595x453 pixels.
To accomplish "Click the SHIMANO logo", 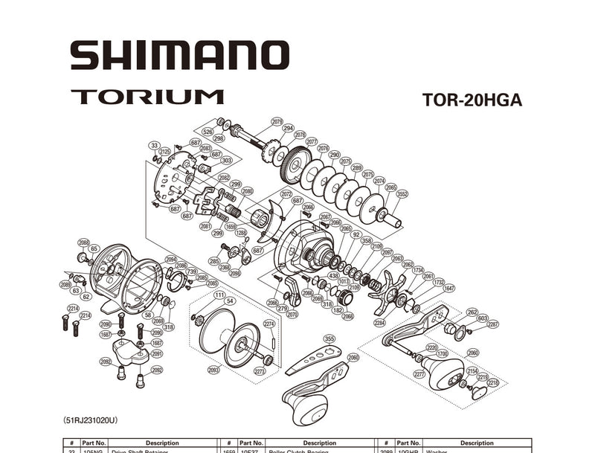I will pos(179,56).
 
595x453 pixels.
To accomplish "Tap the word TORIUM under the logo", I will pos(147,97).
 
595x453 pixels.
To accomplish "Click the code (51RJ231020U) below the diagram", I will pos(90,420).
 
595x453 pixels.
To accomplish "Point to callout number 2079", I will pos(277,121).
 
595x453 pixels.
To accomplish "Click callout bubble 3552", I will pos(402,194).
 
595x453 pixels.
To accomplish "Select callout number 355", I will pos(329,338).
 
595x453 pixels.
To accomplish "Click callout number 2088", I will pos(83,242).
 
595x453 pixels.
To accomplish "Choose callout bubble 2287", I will pos(492,324).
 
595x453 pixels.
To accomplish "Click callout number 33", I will pos(154,145).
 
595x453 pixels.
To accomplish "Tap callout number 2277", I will pos(419,374).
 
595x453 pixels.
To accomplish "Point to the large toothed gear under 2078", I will pos(297,164).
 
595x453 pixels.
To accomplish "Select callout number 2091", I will pos(156,354).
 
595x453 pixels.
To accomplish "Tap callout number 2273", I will pos(260,370).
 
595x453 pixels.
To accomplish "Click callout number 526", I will pos(208,132).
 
